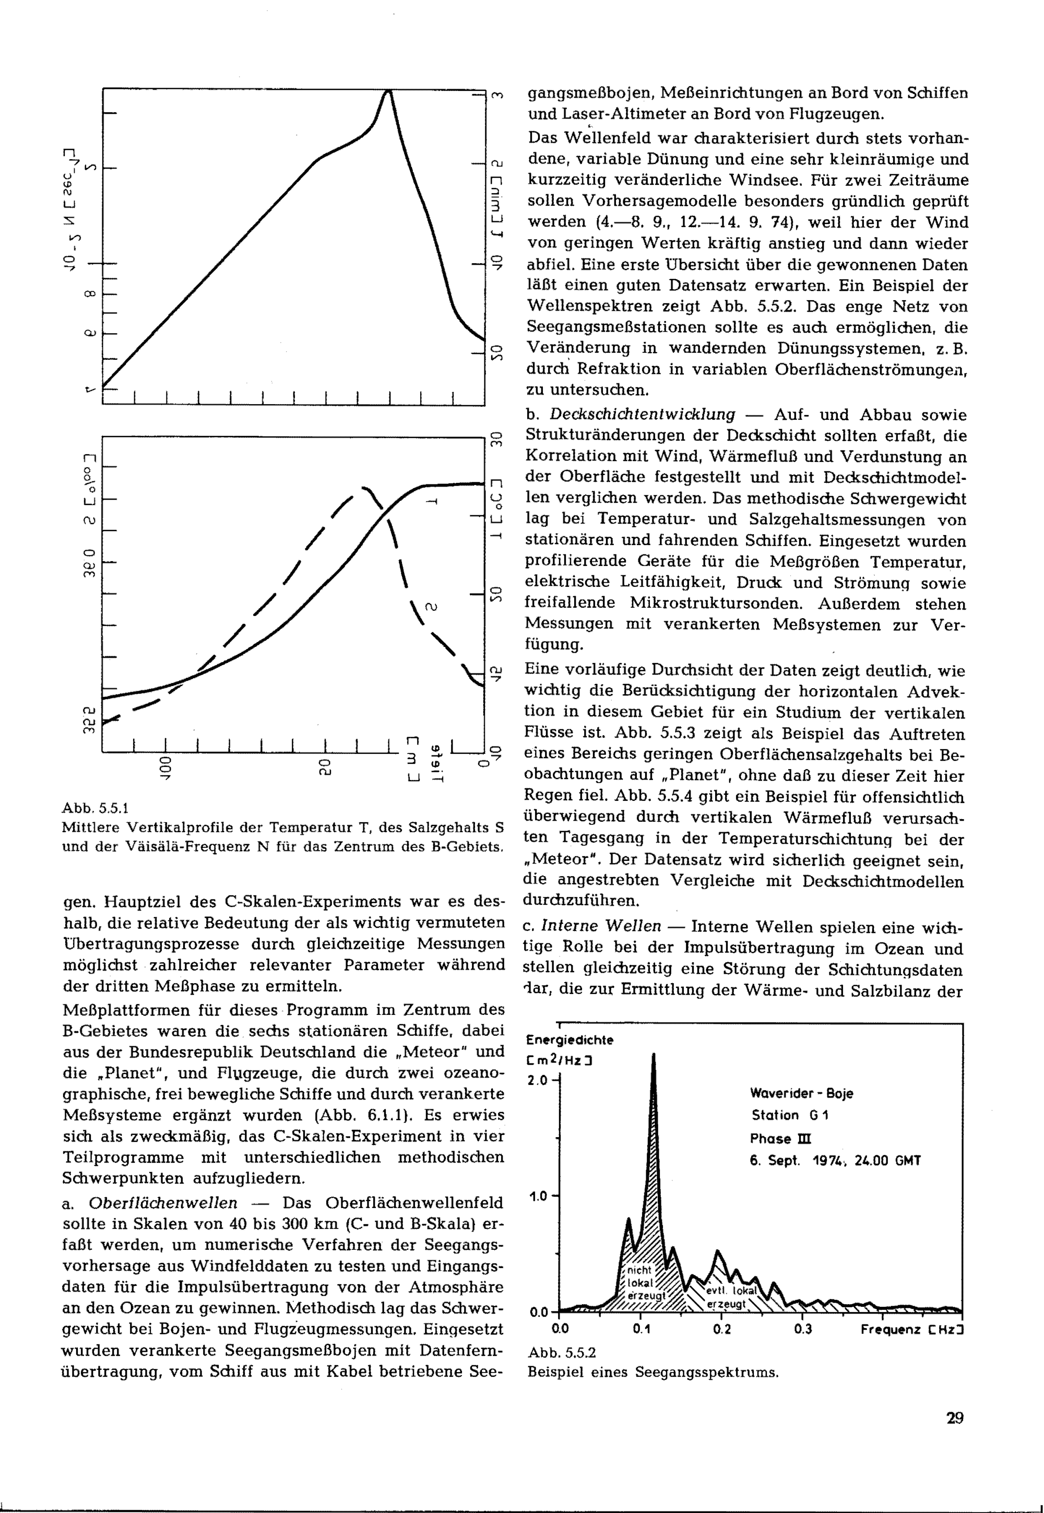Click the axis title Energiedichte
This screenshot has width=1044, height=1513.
(x=570, y=1040)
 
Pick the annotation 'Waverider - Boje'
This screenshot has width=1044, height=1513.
(x=801, y=1094)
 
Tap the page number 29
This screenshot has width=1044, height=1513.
(x=954, y=1417)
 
